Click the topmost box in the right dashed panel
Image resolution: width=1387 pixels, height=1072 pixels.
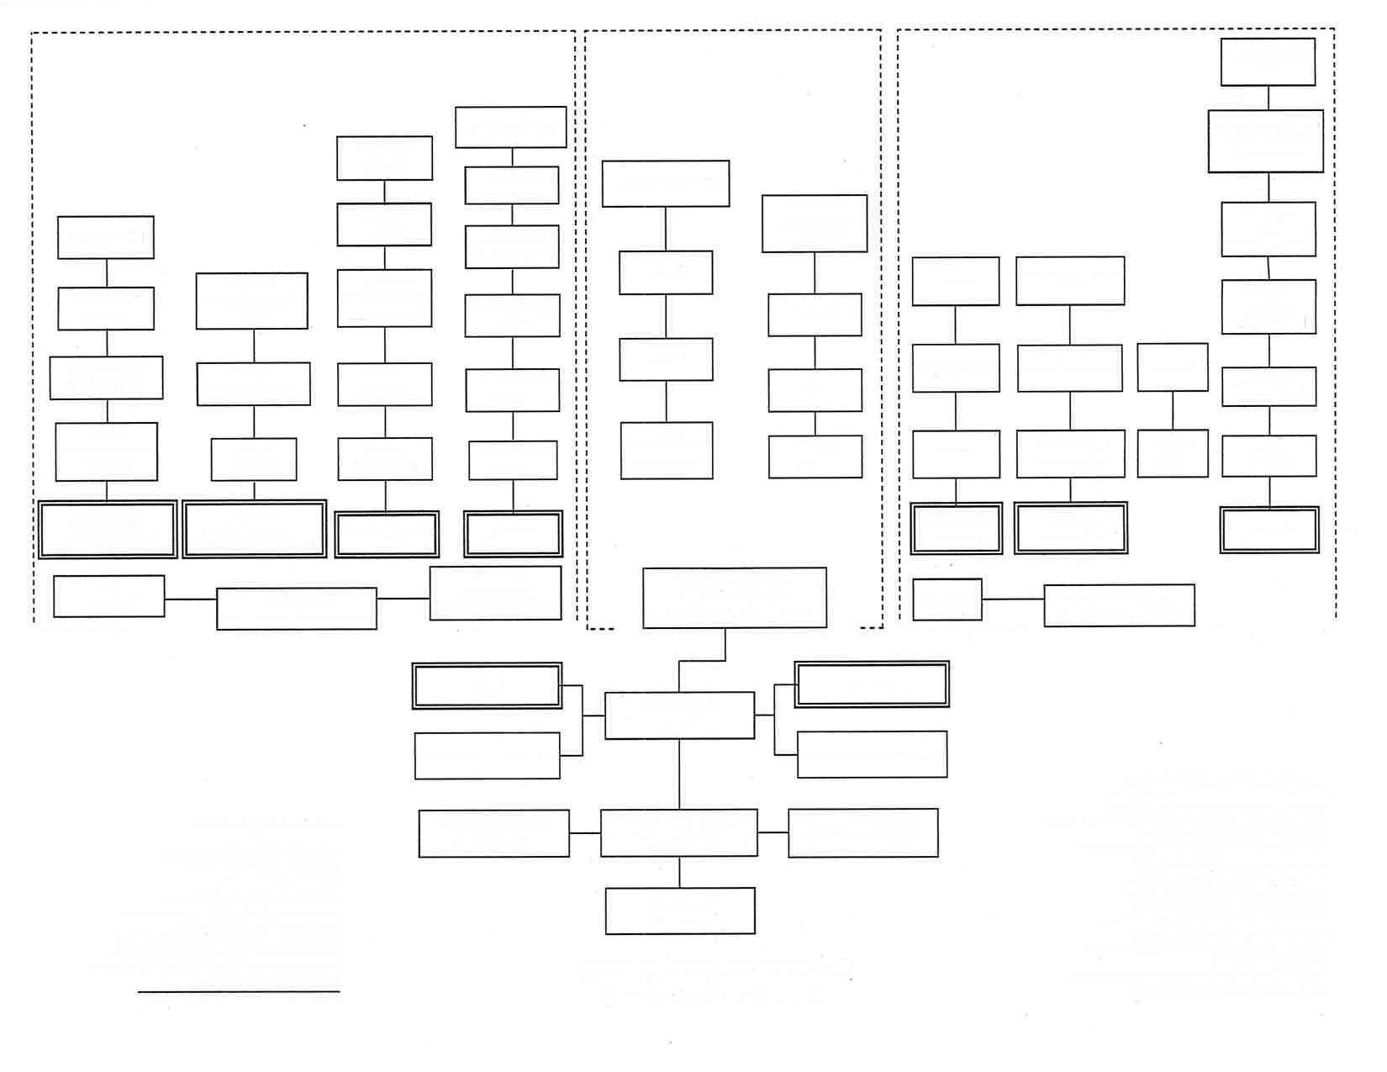click(1268, 62)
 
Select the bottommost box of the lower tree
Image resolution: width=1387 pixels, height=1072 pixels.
click(680, 911)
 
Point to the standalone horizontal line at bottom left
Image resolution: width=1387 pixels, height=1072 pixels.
click(239, 992)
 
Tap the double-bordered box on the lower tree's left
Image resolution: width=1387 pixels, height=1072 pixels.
click(487, 685)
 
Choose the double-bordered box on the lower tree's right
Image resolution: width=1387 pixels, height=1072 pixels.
click(872, 684)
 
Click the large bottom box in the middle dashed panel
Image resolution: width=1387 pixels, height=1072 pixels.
click(734, 598)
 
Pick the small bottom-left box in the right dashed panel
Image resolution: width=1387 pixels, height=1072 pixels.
click(947, 599)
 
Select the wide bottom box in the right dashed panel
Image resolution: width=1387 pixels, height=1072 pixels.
click(1119, 605)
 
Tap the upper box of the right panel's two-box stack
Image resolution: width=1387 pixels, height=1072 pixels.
click(1173, 367)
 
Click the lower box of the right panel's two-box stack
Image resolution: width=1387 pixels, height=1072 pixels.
click(1173, 454)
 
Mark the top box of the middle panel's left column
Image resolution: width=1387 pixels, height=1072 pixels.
click(666, 183)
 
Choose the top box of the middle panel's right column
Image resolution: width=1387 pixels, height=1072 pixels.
click(815, 224)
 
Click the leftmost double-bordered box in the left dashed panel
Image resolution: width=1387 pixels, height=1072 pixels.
click(107, 530)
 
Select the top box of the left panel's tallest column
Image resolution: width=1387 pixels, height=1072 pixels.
click(510, 127)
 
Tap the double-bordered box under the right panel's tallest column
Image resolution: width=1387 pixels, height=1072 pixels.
click(1269, 530)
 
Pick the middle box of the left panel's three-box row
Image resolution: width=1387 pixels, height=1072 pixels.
click(296, 609)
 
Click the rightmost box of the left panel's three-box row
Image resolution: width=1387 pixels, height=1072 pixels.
click(495, 594)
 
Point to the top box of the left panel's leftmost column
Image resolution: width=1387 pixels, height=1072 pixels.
click(106, 237)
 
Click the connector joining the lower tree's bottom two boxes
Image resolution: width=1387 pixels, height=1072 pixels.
click(680, 872)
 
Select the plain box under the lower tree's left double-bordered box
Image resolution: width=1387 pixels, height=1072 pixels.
click(487, 755)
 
